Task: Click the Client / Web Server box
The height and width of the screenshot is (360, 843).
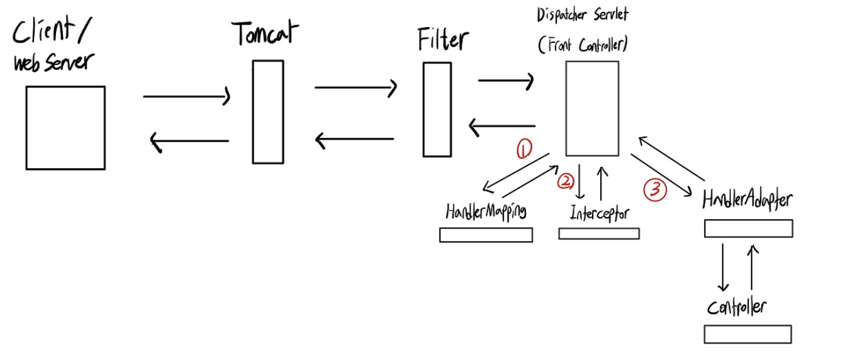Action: pos(65,128)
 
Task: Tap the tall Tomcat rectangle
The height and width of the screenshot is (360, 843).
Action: pos(267,112)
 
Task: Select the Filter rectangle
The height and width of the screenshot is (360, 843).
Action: pos(437,109)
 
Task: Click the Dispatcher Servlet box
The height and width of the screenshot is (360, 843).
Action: pos(591,108)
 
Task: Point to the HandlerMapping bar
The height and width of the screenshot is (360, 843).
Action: pos(486,235)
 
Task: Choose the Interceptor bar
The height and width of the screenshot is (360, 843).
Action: pos(598,233)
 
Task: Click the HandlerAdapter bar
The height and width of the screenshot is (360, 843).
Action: pos(747,228)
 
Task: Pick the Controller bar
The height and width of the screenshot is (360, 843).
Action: pos(747,334)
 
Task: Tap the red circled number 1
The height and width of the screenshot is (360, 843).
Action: pos(523,149)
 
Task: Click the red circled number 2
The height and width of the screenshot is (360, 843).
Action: pos(566,181)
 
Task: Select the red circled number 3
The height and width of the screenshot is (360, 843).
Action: pos(655,190)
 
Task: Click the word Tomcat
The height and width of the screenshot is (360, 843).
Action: pos(265,35)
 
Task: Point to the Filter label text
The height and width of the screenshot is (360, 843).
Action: pos(443,40)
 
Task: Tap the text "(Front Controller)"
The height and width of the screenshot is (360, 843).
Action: pos(584,45)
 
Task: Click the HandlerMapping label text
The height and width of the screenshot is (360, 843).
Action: pos(486,211)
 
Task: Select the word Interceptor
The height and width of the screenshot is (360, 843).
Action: pos(600,213)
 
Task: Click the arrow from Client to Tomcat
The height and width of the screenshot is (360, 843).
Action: pos(187,97)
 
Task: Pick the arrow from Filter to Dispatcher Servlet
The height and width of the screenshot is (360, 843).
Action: pos(506,81)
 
